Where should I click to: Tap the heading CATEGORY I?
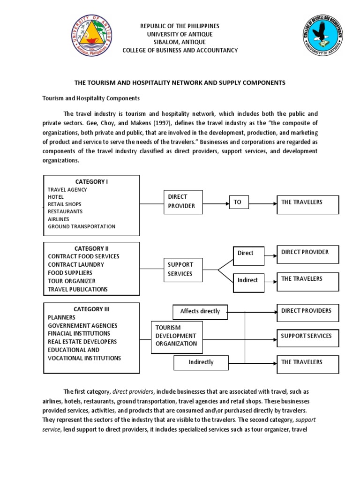(x=91, y=181)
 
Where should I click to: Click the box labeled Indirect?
(x=248, y=280)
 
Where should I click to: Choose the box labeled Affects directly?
(x=200, y=311)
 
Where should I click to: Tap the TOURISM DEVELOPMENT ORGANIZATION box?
(x=177, y=336)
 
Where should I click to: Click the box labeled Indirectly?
(x=201, y=362)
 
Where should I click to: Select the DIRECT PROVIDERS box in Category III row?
(x=307, y=311)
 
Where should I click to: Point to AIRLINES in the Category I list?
(x=58, y=219)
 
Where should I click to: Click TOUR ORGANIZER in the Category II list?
(x=72, y=281)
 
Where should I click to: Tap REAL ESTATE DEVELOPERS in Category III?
(x=82, y=342)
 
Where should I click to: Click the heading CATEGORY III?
(x=91, y=309)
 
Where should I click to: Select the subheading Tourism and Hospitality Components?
(x=91, y=98)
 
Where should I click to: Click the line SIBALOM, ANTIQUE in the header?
(x=180, y=42)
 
